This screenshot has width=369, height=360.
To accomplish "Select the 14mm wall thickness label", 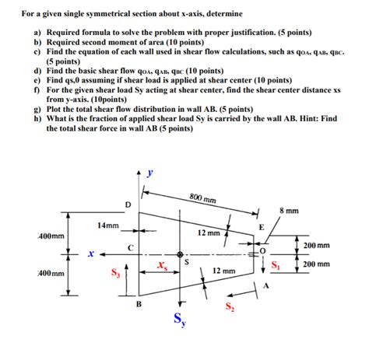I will [108, 225].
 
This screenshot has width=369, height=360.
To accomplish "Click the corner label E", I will [261, 226].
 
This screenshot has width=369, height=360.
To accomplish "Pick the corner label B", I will [139, 305].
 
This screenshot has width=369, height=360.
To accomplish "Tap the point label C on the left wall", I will [131, 246].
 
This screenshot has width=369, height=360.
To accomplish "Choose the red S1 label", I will [275, 265].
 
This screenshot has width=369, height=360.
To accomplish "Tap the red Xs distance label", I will [161, 266].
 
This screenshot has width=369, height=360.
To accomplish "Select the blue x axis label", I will [91, 253].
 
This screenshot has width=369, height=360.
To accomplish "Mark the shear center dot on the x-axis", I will [180, 254].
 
